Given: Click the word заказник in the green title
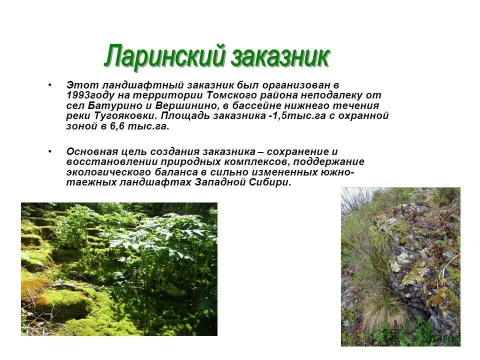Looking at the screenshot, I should coord(280,56).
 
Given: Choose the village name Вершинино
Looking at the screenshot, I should coord(185,105).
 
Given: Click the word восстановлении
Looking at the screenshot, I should coord(111,161).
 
